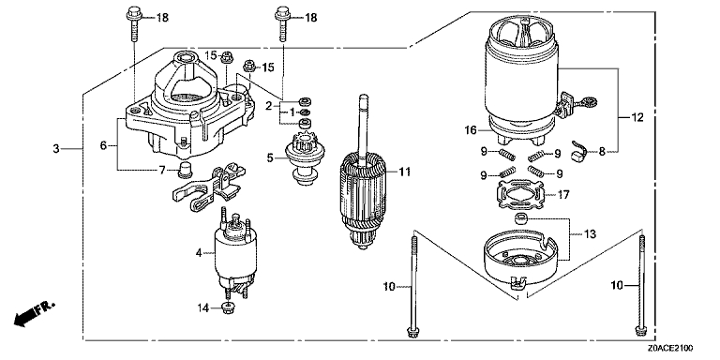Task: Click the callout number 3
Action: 56,149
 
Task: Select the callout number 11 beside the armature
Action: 404,172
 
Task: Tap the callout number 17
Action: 563,195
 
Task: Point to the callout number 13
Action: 590,234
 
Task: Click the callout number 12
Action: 637,117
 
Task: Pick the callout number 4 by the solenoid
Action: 199,252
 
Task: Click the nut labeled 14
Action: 226,308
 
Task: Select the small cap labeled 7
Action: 185,169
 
